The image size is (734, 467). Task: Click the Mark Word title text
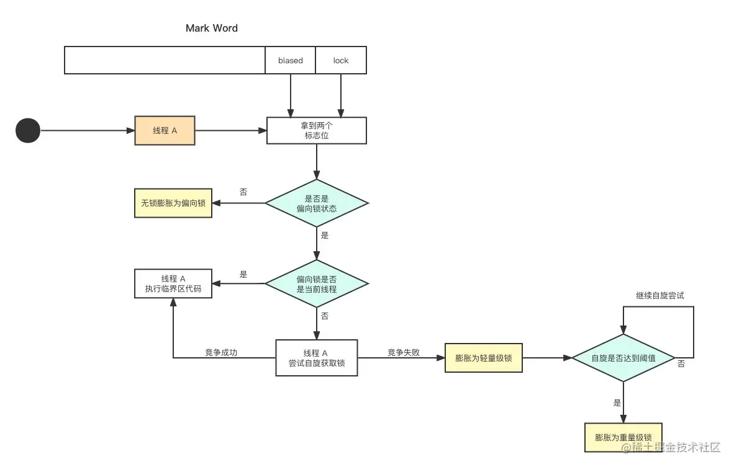[x=211, y=28]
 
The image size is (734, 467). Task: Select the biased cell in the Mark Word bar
[x=290, y=60]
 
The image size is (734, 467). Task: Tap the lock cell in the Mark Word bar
[x=340, y=60]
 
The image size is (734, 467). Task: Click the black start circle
[x=28, y=131]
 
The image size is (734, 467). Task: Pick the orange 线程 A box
[x=165, y=131]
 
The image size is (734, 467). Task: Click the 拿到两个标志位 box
[x=317, y=131]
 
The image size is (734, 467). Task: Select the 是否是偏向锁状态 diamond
[x=317, y=203]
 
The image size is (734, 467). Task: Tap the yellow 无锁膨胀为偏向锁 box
[x=173, y=203]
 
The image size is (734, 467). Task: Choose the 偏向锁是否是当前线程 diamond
[x=317, y=283]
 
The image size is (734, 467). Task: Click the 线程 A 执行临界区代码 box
[x=173, y=283]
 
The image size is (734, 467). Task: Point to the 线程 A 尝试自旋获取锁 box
[x=317, y=358]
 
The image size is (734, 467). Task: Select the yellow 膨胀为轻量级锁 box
[x=484, y=358]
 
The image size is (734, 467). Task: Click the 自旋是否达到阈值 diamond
[x=623, y=358]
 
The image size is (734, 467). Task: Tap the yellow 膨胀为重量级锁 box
[x=623, y=437]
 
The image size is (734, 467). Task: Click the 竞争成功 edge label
[x=221, y=352]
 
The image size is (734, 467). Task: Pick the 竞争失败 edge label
[x=404, y=352]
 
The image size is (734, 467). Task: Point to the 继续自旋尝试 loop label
[x=659, y=295]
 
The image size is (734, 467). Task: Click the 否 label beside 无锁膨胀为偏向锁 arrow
[x=243, y=192]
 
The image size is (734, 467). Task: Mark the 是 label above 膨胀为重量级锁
[x=617, y=403]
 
